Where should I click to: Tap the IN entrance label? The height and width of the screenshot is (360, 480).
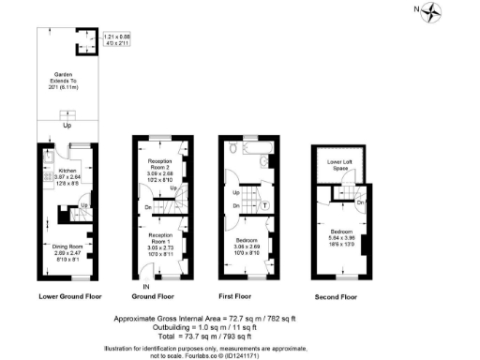[145, 286]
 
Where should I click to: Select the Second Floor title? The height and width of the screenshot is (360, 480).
[337, 296]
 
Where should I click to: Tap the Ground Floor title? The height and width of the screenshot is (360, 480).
[159, 296]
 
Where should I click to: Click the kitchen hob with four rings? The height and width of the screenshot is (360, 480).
[44, 177]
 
